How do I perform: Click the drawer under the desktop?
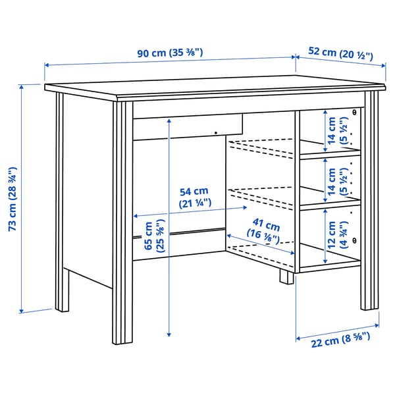pyautogui.click(x=188, y=127)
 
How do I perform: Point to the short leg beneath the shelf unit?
pyautogui.click(x=286, y=275)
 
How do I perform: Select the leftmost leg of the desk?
pyautogui.click(x=61, y=204)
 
